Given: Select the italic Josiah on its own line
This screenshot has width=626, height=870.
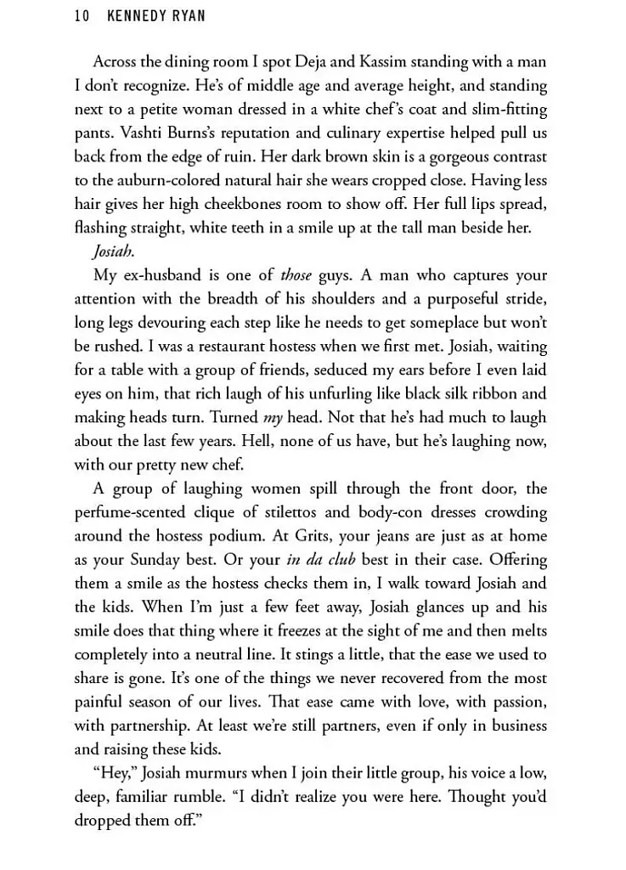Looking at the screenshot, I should click(x=114, y=252).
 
